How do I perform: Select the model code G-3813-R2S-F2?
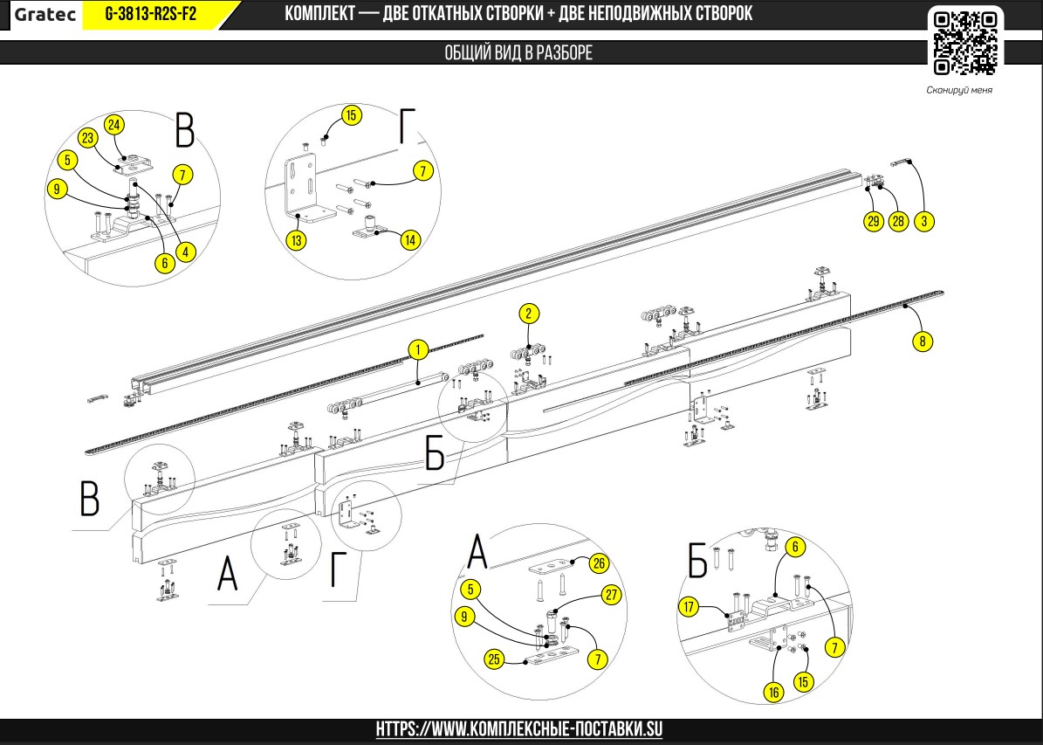tap(151, 14)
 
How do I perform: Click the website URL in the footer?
tap(520, 728)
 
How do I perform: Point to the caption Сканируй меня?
tap(959, 90)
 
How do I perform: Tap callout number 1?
tap(418, 350)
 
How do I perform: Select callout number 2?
tap(528, 313)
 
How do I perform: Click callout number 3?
tap(924, 221)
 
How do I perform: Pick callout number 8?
tap(922, 341)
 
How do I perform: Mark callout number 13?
tap(298, 240)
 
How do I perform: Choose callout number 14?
tap(410, 240)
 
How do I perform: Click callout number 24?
tap(114, 124)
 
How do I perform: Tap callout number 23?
tap(87, 138)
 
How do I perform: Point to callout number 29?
tap(873, 221)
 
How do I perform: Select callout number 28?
tap(898, 221)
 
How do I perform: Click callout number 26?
tap(598, 563)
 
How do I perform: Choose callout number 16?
tap(772, 691)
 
